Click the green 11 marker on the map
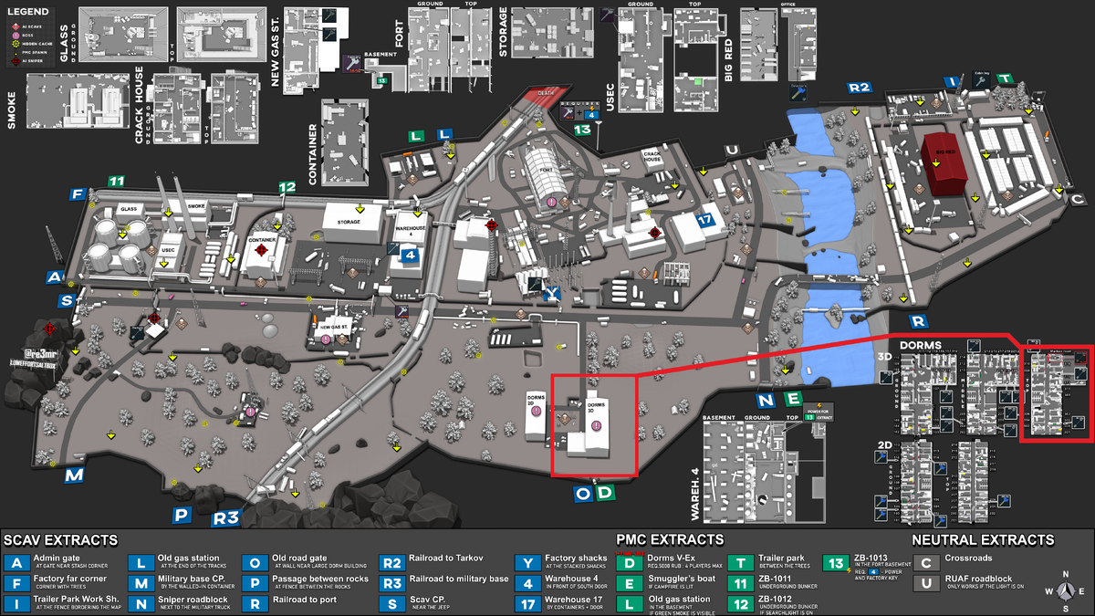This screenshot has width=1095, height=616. click(x=116, y=181)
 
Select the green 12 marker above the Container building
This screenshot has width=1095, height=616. click(x=287, y=188)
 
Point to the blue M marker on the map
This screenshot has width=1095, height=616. click(x=74, y=475)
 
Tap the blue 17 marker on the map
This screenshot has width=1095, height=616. click(x=704, y=220)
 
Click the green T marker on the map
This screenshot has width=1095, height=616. click(x=1005, y=79)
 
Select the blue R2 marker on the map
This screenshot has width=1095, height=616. click(x=860, y=88)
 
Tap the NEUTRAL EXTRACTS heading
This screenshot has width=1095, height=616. click(x=983, y=539)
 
